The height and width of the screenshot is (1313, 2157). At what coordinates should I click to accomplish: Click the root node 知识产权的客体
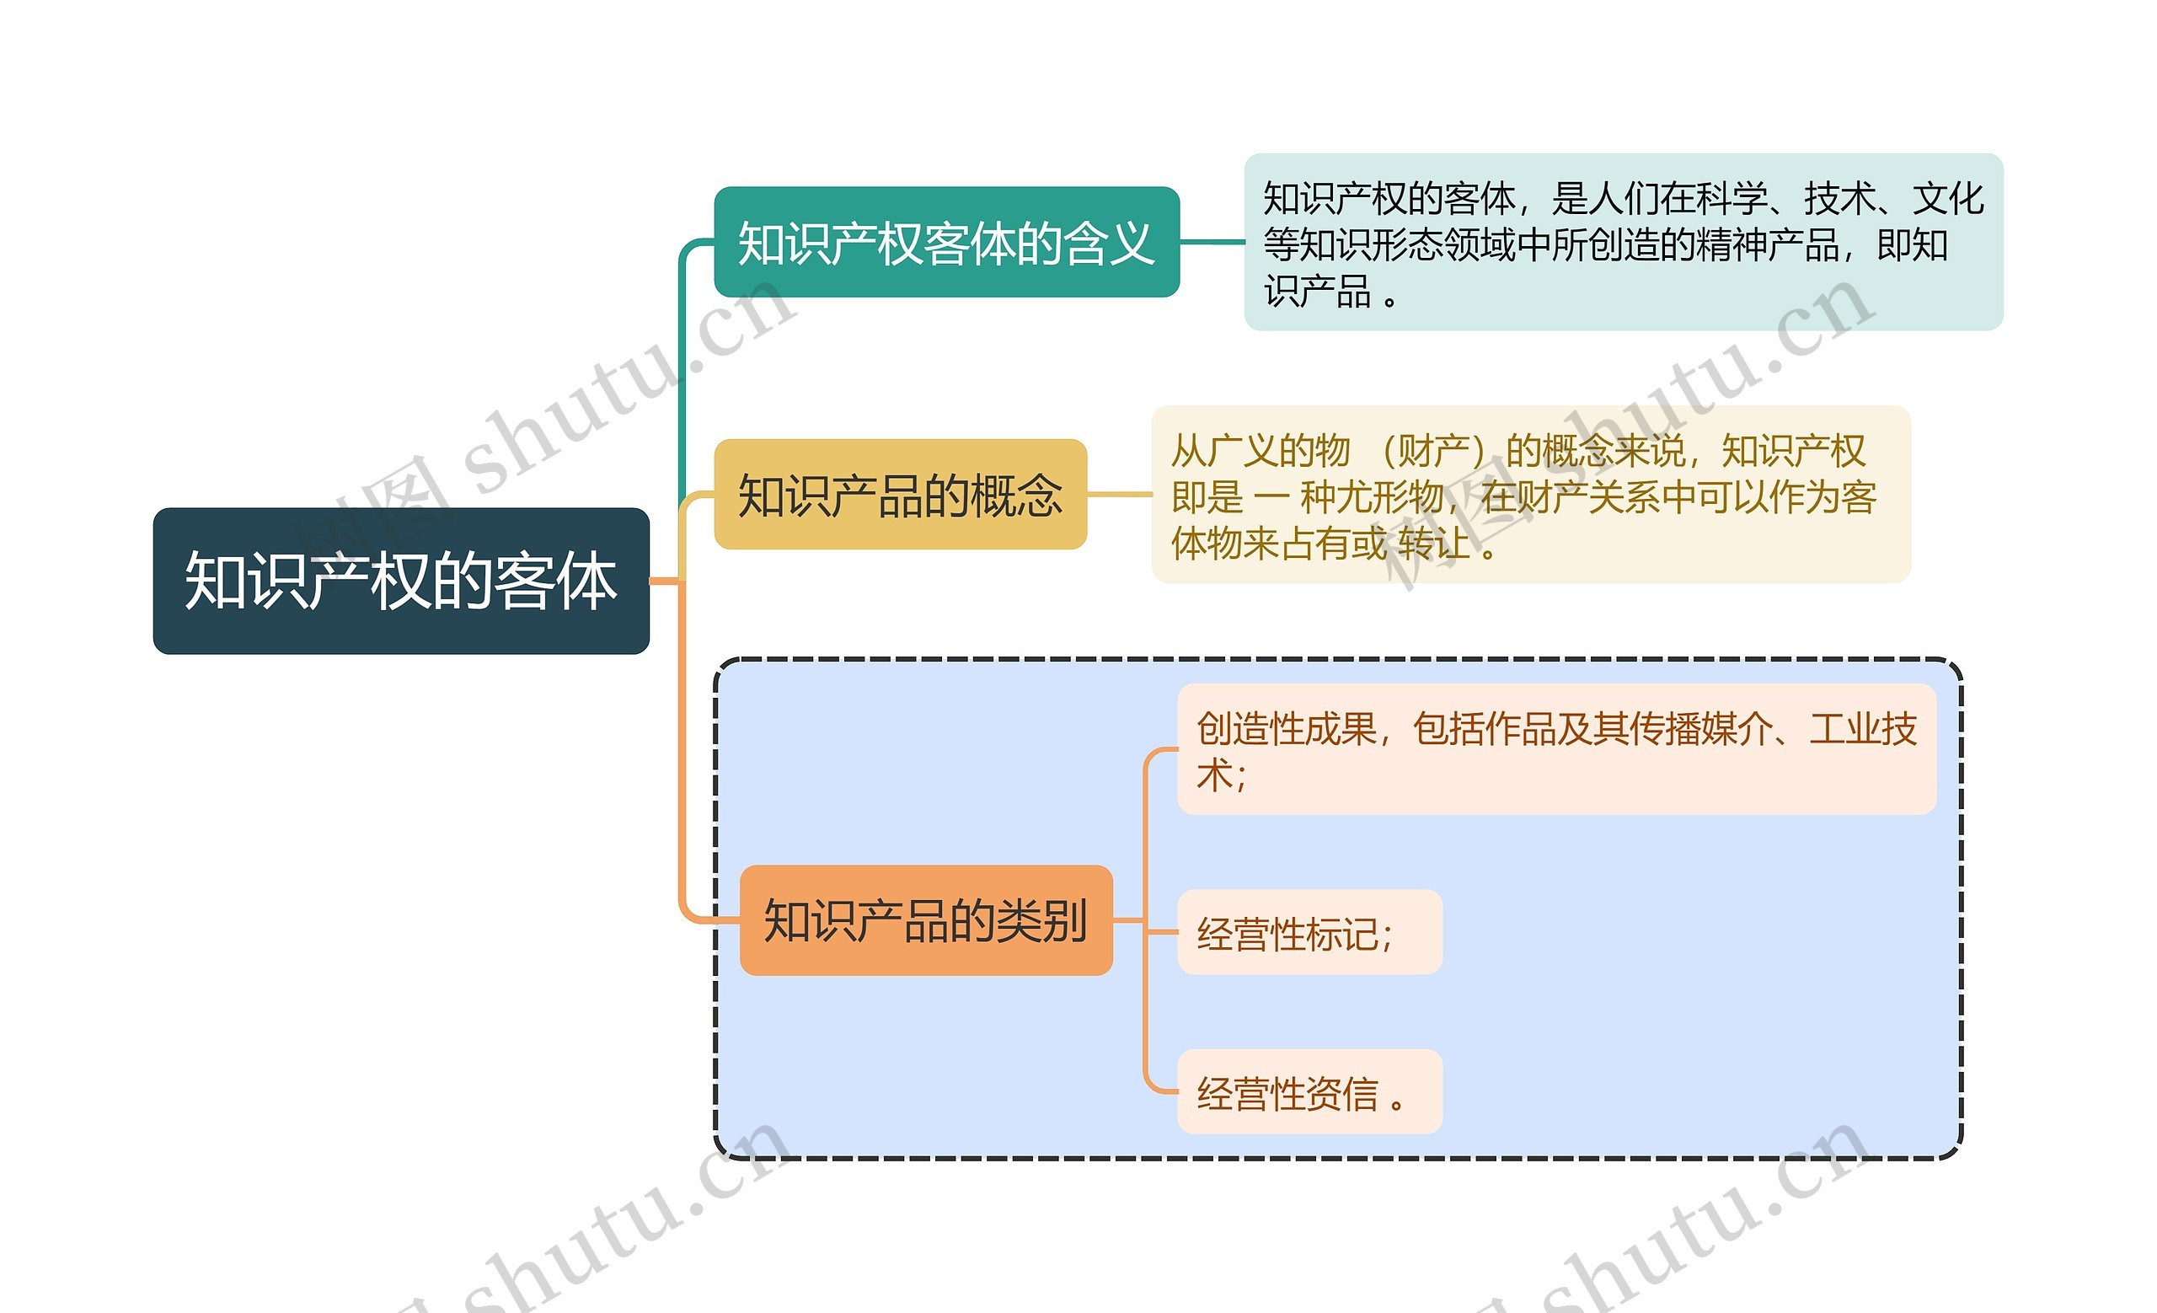point(401,581)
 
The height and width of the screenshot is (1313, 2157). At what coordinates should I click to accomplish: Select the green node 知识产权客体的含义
point(946,242)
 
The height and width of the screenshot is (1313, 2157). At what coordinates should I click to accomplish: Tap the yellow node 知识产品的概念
point(900,494)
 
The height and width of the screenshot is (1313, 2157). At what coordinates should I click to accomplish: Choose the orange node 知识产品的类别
point(925,920)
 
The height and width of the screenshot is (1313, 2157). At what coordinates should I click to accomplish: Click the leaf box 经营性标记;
point(1309,932)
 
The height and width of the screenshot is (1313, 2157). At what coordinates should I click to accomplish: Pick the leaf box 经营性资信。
point(1309,1091)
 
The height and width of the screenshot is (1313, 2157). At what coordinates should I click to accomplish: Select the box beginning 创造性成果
point(1555,749)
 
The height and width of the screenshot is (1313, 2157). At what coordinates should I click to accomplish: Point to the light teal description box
point(1623,242)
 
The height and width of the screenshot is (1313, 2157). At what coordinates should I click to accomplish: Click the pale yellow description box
point(1530,494)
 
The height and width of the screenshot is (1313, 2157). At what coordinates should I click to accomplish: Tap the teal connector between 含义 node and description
point(1212,242)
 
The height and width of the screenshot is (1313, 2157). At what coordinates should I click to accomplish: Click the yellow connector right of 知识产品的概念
point(1119,494)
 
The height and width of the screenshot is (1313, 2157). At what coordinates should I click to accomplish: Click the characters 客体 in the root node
point(556,581)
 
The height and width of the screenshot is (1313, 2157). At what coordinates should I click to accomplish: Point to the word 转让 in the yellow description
point(1434,544)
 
